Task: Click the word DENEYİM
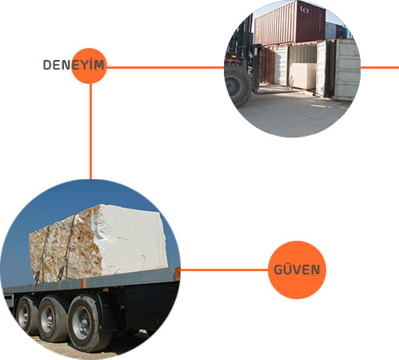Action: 74,65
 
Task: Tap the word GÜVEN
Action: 297,270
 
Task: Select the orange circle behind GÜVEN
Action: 297,270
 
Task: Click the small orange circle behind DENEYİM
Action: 89,66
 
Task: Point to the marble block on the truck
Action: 98,242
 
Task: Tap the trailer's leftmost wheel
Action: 26,315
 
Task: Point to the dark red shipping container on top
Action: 289,22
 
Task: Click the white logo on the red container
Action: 304,10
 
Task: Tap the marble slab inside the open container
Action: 303,76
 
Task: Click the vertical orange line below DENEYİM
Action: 90,131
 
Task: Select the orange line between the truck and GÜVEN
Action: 224,270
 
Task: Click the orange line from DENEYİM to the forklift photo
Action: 166,67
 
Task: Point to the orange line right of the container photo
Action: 380,67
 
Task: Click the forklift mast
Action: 244,40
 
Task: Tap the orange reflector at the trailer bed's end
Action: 178,274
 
